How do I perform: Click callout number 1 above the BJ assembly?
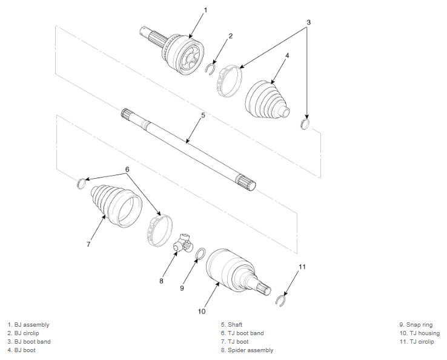click(205, 10)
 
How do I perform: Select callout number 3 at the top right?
click(308, 22)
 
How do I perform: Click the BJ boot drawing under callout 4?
click(267, 99)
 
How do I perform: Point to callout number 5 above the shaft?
click(203, 116)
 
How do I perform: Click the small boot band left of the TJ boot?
click(81, 183)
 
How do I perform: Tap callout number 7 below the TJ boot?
click(88, 244)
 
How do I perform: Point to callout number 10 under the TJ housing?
click(202, 312)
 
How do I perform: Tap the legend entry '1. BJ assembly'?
click(28, 325)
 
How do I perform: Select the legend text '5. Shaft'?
click(232, 325)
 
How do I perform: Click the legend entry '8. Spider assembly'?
click(247, 350)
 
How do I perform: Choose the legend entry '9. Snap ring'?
click(416, 325)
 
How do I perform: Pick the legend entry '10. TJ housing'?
click(420, 333)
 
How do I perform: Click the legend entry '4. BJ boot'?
click(22, 350)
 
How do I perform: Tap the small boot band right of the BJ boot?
click(305, 124)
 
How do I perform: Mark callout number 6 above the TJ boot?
click(127, 170)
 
